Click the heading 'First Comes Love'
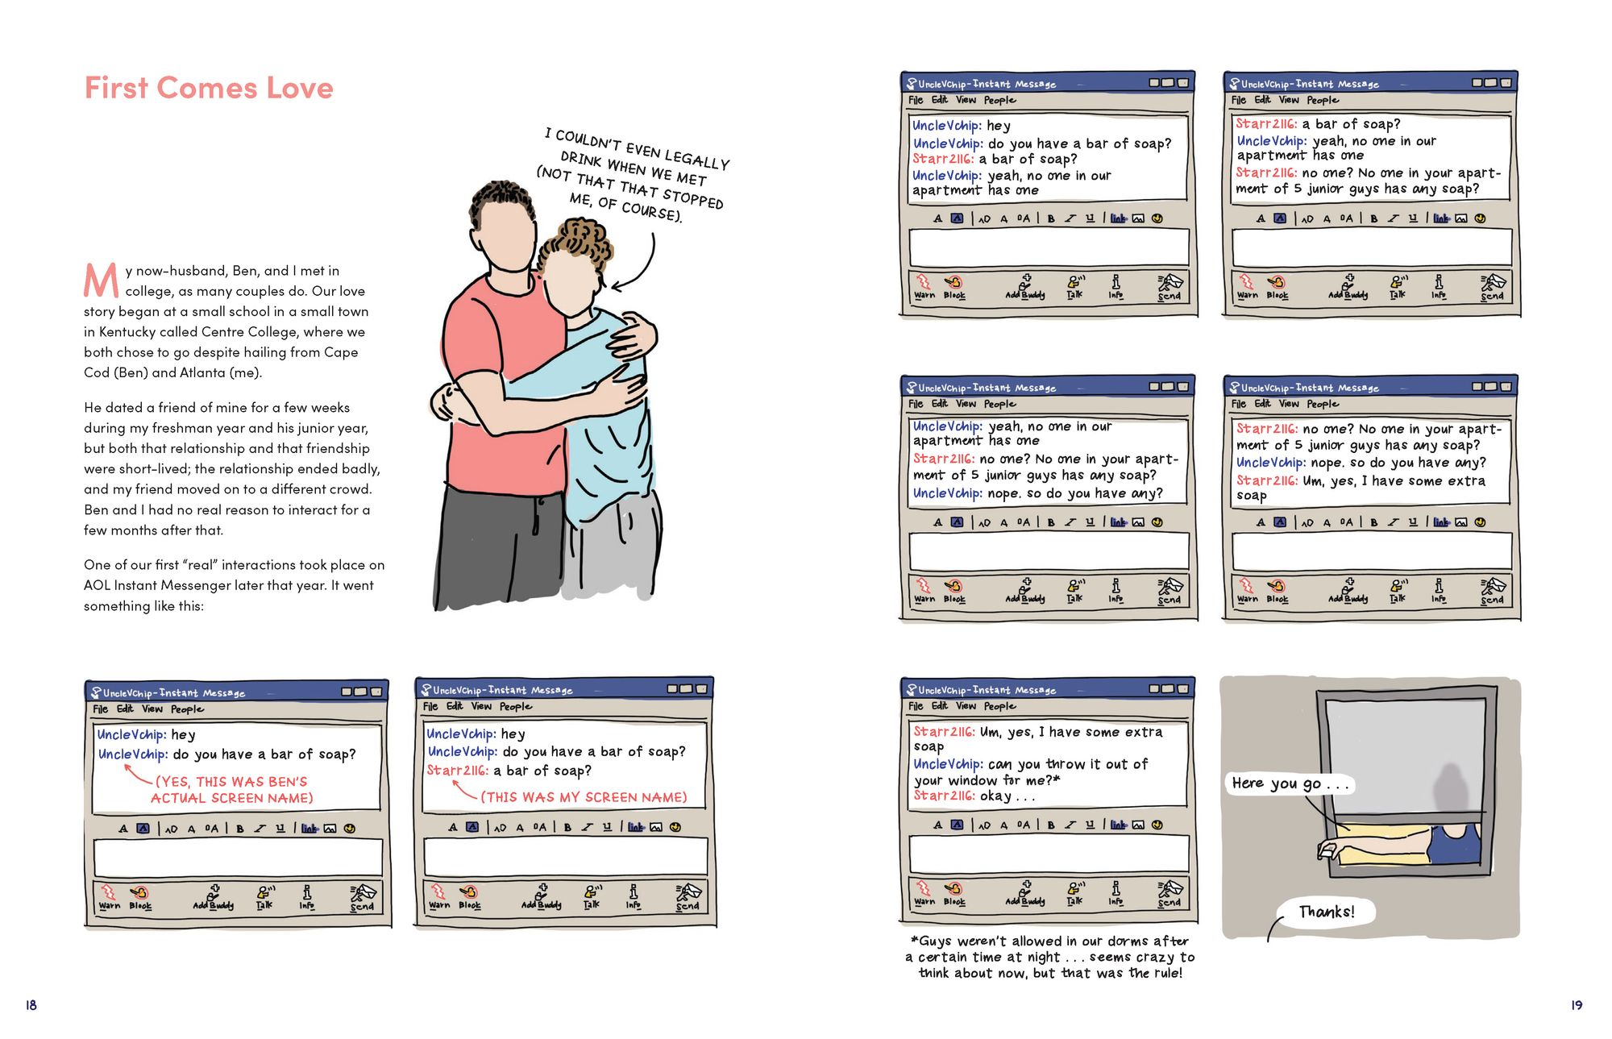(209, 88)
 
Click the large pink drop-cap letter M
(101, 281)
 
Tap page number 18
(31, 1004)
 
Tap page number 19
(1576, 1004)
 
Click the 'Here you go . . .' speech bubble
(1288, 783)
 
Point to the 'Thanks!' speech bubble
(1326, 912)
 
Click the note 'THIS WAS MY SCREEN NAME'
(584, 797)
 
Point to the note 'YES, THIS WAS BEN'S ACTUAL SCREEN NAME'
(231, 790)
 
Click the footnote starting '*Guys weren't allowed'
(1049, 957)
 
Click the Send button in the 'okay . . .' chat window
(1169, 893)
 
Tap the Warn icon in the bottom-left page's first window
(109, 896)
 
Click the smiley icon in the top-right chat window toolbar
(1480, 218)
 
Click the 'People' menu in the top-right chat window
(1323, 100)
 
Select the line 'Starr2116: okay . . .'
(974, 796)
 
